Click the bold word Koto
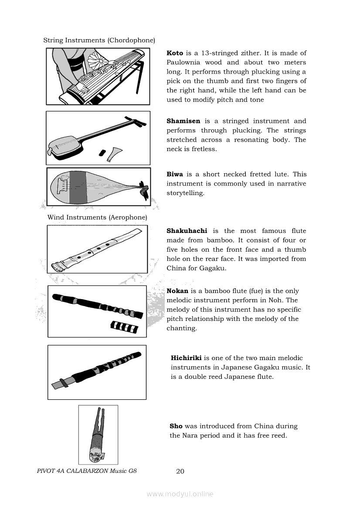click(175, 53)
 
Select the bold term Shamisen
click(183, 121)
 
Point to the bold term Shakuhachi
click(187, 231)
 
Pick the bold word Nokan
click(177, 291)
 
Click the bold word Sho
click(176, 426)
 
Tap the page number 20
click(180, 471)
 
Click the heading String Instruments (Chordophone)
click(99, 40)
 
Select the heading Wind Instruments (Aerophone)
click(97, 217)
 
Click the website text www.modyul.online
click(180, 494)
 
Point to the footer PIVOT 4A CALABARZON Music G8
click(87, 471)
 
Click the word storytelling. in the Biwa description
click(185, 193)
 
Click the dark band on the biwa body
click(78, 187)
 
